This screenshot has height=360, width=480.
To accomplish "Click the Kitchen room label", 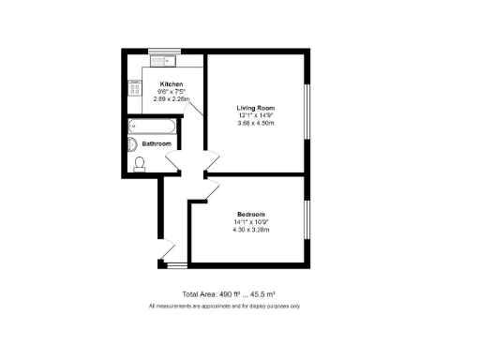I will [171, 84].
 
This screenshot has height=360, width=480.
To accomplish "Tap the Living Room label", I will [255, 108].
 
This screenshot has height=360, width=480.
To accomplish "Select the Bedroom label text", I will [250, 213].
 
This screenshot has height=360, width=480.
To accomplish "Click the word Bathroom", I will [157, 144].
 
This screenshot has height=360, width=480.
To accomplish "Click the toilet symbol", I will [140, 163].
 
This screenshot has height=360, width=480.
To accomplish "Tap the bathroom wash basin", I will [132, 144].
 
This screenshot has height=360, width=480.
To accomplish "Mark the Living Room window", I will [307, 112].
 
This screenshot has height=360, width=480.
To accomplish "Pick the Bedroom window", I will [307, 225].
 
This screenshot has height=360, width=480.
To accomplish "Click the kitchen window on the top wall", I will [164, 50].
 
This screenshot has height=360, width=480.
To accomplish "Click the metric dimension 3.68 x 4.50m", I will [255, 123].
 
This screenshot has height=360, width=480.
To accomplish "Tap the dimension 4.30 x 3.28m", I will [250, 228].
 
